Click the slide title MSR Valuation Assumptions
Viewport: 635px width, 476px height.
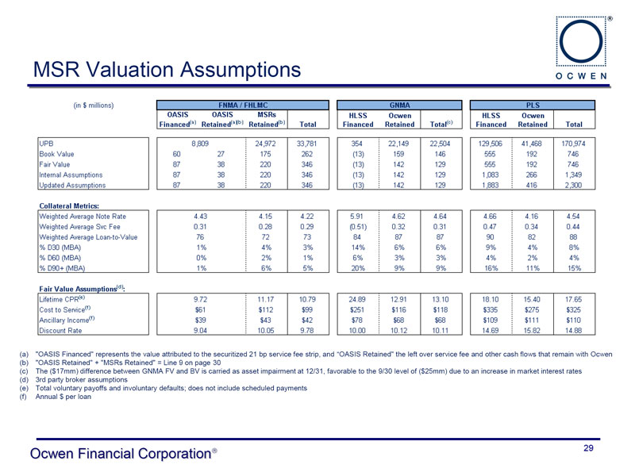tap(167, 70)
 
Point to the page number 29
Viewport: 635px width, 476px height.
tap(588, 449)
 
